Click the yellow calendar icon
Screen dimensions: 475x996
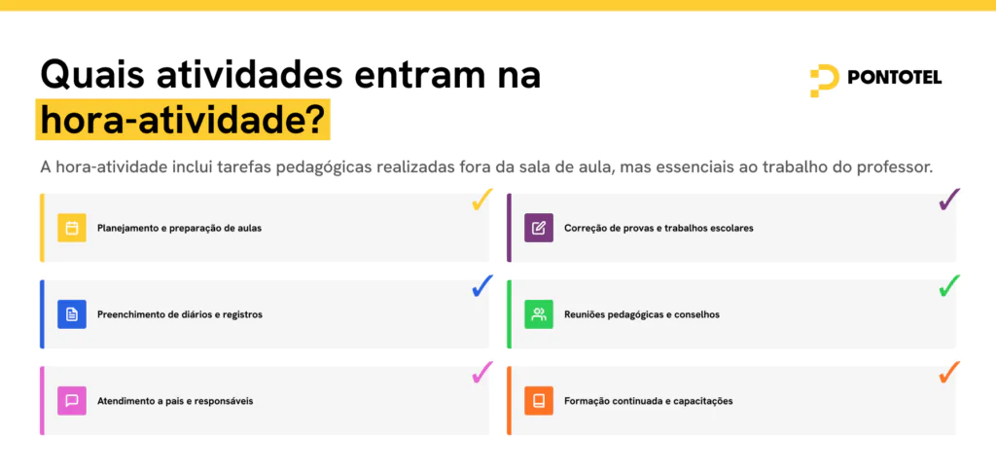point(72,228)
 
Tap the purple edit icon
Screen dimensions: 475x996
point(539,228)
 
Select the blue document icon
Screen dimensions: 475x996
point(72,314)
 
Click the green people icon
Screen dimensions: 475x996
point(539,314)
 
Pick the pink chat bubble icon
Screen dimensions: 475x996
point(72,401)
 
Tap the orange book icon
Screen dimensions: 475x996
point(539,401)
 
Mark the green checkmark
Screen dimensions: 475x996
point(949,286)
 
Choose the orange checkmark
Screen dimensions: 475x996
point(949,372)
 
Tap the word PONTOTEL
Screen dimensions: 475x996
point(895,78)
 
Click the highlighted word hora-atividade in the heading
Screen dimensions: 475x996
point(183,121)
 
